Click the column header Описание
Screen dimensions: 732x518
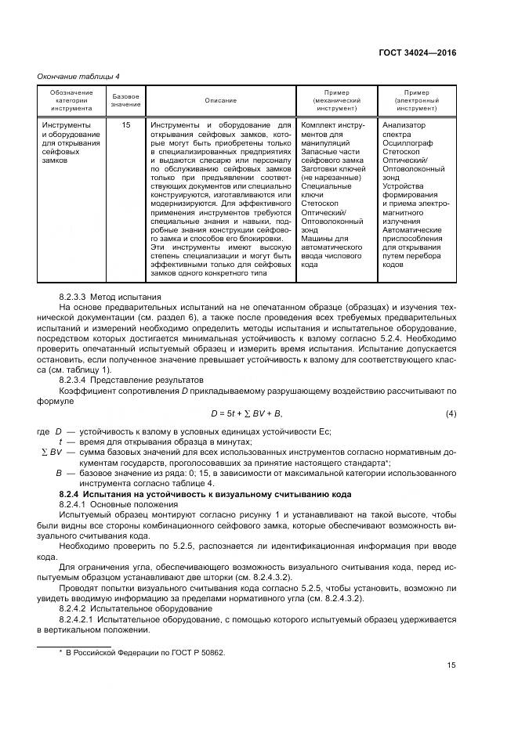pyautogui.click(x=220, y=100)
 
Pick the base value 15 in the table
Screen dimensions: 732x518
pyautogui.click(x=125, y=124)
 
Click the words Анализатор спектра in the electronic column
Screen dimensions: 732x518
pyautogui.click(x=404, y=129)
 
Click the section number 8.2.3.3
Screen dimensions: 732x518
pyautogui.click(x=74, y=297)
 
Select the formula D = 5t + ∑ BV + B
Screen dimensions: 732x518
pyautogui.click(x=245, y=413)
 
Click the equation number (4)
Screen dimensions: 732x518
pyautogui.click(x=451, y=413)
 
